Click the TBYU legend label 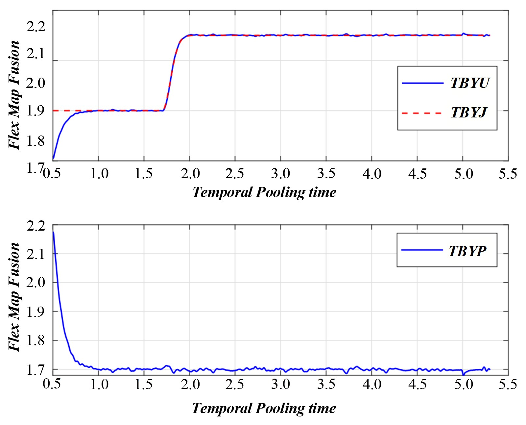470,83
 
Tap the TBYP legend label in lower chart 467,251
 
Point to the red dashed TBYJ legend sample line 422,113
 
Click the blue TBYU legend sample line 422,83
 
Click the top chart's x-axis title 264,192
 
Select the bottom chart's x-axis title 264,408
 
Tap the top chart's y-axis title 14,95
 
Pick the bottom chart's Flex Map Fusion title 14,297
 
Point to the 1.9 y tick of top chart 36,111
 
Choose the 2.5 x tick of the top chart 234,174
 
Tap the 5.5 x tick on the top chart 508,174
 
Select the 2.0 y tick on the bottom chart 36,283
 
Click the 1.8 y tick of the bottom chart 36,340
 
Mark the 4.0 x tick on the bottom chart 372,385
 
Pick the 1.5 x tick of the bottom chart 144,385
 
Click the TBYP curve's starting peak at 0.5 53,232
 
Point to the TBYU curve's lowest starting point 53,159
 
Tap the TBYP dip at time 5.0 463,374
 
